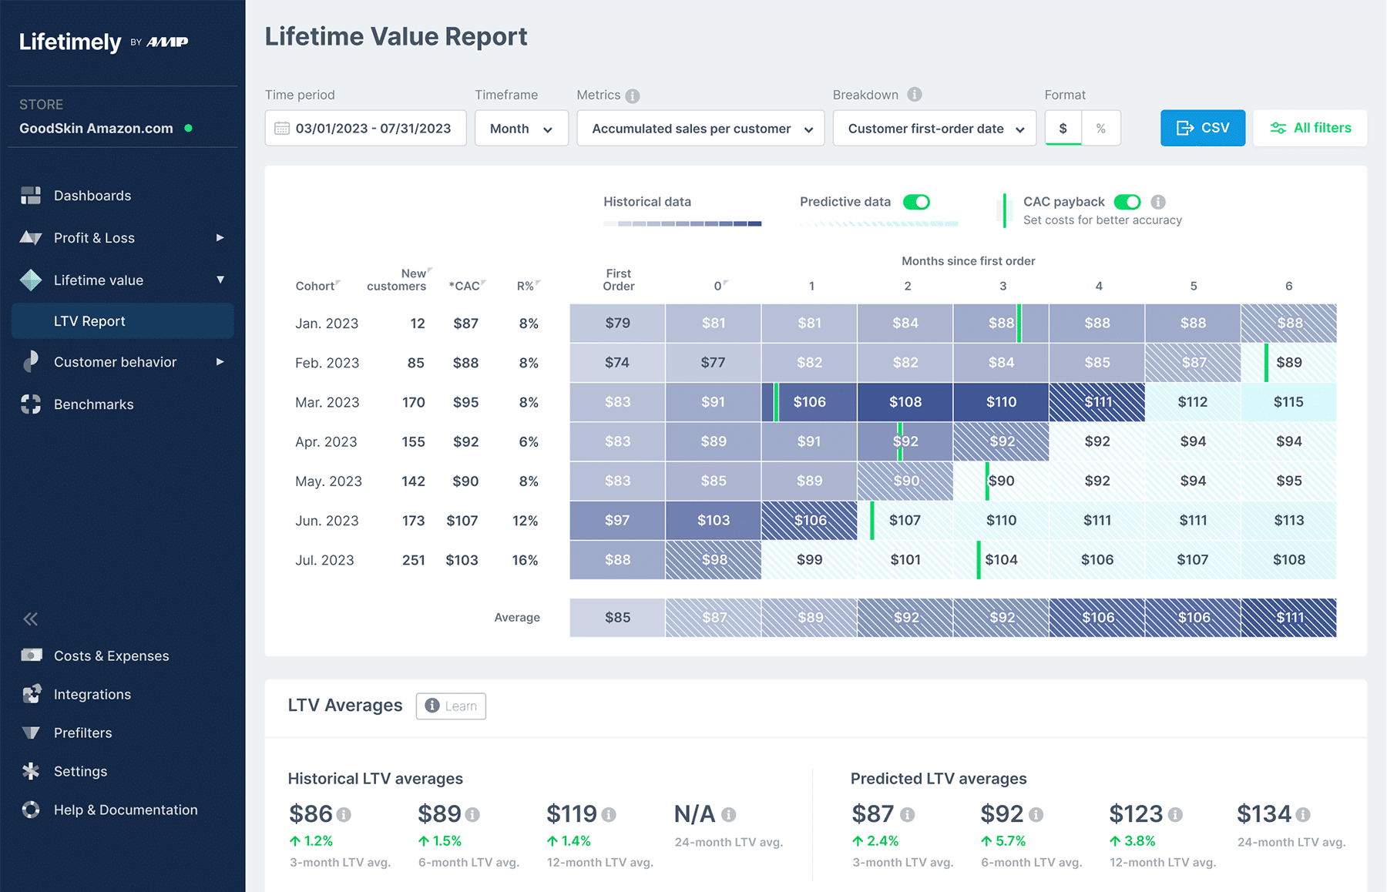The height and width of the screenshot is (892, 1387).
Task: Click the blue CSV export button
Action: pyautogui.click(x=1202, y=128)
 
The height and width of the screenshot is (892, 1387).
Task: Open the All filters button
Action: pyautogui.click(x=1310, y=128)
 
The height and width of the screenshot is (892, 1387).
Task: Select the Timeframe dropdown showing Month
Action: pyautogui.click(x=521, y=129)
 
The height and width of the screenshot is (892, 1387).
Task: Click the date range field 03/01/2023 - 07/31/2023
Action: pyautogui.click(x=365, y=129)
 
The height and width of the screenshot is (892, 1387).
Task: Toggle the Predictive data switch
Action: pyautogui.click(x=916, y=202)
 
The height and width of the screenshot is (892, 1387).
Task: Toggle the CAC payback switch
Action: pyautogui.click(x=1127, y=202)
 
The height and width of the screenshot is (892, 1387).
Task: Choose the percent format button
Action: pyautogui.click(x=1100, y=129)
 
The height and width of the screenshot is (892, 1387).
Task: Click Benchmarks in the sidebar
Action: pyautogui.click(x=93, y=404)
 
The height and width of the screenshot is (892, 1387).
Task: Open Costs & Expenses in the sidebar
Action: pyautogui.click(x=111, y=656)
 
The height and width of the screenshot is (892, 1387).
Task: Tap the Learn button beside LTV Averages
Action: pyautogui.click(x=451, y=706)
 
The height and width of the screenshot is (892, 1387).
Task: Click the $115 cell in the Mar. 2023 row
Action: pyautogui.click(x=1288, y=402)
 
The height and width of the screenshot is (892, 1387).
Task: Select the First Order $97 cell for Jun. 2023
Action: pyautogui.click(x=617, y=521)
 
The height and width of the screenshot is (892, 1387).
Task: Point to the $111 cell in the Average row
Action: pyautogui.click(x=1288, y=618)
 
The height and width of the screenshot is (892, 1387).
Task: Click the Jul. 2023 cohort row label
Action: pyautogui.click(x=324, y=560)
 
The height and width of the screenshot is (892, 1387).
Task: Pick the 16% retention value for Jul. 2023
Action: pyautogui.click(x=525, y=560)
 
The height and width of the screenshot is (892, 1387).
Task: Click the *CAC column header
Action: pyautogui.click(x=465, y=286)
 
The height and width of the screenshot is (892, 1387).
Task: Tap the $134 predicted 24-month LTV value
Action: pyautogui.click(x=1264, y=813)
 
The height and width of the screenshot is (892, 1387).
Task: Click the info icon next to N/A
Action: pyautogui.click(x=728, y=814)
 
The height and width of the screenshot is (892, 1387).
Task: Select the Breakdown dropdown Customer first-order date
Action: pyautogui.click(x=935, y=129)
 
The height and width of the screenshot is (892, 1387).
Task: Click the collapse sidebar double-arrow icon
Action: pyautogui.click(x=31, y=619)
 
